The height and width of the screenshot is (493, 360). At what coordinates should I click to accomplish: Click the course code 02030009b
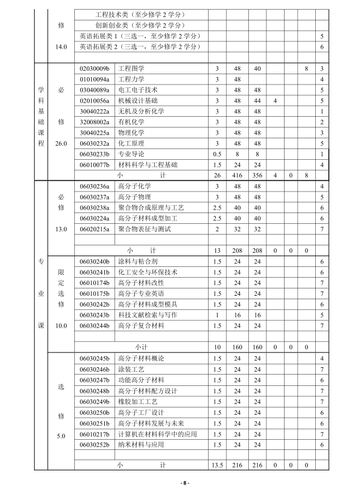(x=94, y=69)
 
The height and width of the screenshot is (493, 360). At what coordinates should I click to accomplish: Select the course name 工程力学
(x=131, y=79)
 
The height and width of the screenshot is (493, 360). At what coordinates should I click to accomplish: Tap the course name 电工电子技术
(x=138, y=90)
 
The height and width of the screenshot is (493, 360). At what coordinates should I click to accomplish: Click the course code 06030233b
(x=94, y=154)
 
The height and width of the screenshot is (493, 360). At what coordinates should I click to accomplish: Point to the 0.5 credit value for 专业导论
(x=217, y=154)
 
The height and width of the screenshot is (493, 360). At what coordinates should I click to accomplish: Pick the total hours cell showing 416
(x=238, y=176)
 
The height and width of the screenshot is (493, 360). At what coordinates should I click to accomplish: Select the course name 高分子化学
(x=134, y=186)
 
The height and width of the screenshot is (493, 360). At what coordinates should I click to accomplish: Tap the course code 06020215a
(x=94, y=229)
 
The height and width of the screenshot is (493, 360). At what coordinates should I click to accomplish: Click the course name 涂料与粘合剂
(x=138, y=261)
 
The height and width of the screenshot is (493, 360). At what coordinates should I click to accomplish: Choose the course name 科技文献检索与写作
(x=147, y=314)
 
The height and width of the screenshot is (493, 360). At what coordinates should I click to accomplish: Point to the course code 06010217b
(x=94, y=434)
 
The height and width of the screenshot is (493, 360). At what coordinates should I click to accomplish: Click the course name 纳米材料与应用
(x=141, y=445)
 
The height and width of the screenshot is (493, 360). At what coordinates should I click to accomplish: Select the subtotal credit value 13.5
(x=217, y=465)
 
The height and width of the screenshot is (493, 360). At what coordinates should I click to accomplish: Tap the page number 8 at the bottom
(x=185, y=483)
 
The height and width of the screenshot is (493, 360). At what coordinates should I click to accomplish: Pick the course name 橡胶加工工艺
(x=138, y=402)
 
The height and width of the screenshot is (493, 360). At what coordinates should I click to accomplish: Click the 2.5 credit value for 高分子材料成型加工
(x=217, y=218)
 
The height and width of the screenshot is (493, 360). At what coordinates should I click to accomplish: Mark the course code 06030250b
(x=94, y=413)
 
